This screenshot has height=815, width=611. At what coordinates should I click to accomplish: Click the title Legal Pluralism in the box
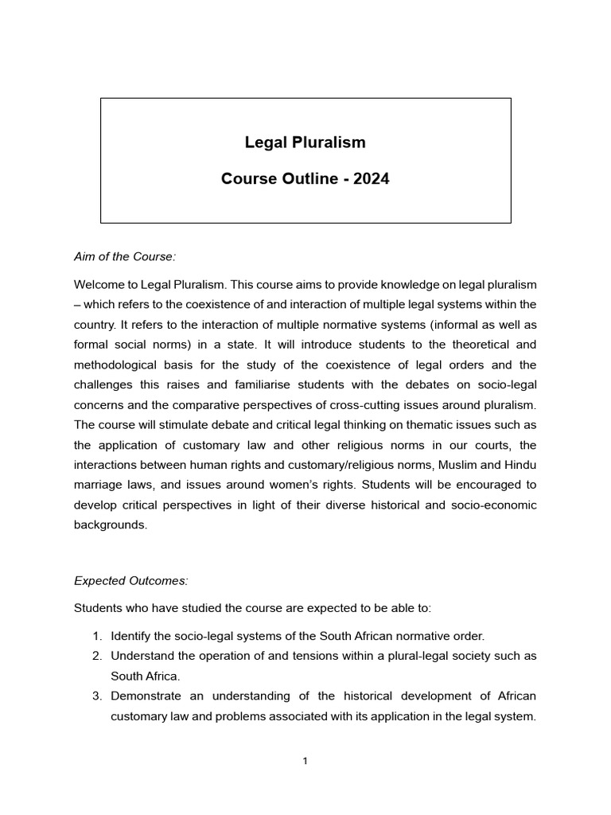click(x=305, y=142)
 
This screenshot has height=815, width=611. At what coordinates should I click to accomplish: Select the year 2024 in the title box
click(x=372, y=179)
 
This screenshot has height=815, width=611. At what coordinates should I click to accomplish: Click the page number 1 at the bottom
click(x=305, y=761)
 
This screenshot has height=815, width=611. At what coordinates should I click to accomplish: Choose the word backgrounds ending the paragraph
click(x=111, y=524)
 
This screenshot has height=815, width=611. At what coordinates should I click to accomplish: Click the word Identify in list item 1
click(x=133, y=636)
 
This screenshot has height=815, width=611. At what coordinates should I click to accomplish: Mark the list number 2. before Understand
click(x=96, y=656)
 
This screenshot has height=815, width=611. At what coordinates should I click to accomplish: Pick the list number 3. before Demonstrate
click(x=96, y=696)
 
